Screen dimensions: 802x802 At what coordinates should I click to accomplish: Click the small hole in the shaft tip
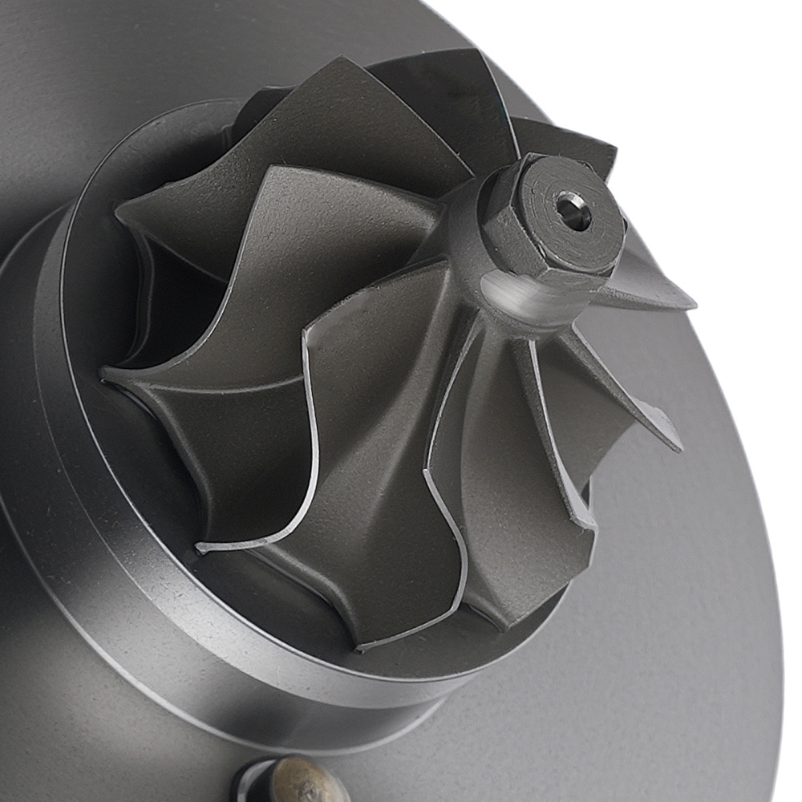[573, 210]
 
